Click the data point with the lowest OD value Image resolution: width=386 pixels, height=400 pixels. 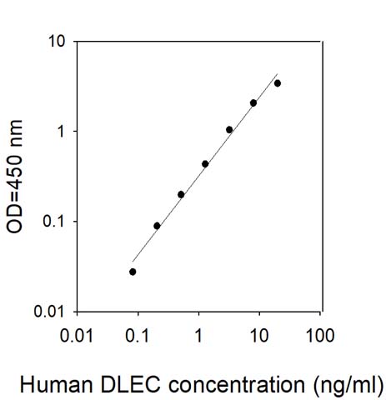tap(133, 272)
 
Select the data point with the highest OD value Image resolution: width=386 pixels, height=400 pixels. tap(278, 83)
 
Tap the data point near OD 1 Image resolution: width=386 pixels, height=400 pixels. tap(229, 130)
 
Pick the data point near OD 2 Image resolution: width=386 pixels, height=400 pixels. tap(253, 103)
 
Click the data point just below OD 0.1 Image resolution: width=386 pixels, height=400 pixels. tap(157, 226)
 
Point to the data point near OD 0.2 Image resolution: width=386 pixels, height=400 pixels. tap(181, 195)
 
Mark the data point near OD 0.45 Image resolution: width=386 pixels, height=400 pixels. tap(205, 164)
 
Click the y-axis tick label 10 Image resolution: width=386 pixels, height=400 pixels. tap(57, 42)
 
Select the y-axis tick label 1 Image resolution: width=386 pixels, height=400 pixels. tap(60, 132)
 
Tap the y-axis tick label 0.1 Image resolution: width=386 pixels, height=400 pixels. tap(53, 222)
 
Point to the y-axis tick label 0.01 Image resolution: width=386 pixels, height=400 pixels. tap(49, 312)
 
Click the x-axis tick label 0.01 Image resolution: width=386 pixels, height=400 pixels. tap(77, 336)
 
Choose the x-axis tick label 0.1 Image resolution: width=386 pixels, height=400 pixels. tap(138, 336)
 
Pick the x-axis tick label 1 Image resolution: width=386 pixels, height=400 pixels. tap(198, 336)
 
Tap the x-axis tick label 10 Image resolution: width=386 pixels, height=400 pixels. tap(259, 336)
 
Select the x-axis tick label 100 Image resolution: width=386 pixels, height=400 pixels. tap(320, 336)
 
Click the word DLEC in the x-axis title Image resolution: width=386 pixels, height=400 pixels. tap(130, 385)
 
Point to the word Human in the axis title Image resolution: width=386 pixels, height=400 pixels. tap(57, 385)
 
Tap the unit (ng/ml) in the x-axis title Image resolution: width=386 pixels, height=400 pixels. tap(348, 386)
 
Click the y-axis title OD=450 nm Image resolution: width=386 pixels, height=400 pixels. tap(14, 177)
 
